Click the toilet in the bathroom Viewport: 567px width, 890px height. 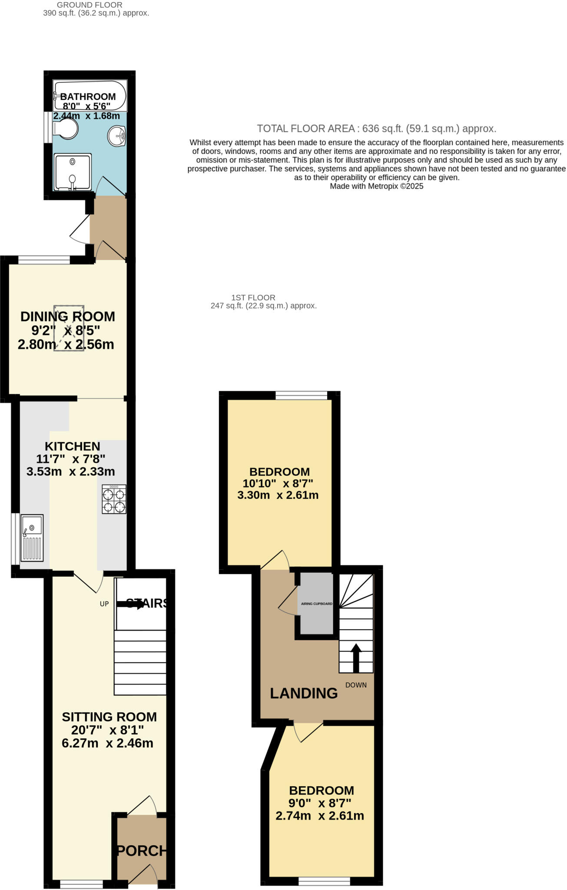(x=65, y=129)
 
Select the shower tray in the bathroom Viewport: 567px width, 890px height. (x=73, y=172)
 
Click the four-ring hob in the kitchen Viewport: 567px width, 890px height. (x=114, y=499)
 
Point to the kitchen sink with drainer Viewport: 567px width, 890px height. (x=32, y=538)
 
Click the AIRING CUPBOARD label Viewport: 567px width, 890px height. (x=316, y=604)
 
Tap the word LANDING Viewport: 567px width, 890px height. (x=304, y=693)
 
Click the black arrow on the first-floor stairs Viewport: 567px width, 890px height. (x=356, y=658)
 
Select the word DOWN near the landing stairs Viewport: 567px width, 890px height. (x=356, y=685)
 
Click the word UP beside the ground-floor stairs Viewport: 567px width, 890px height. (x=104, y=604)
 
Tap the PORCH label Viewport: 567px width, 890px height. (x=142, y=850)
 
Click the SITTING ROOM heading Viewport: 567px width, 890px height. (x=109, y=717)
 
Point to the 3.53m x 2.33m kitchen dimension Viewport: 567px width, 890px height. (x=71, y=471)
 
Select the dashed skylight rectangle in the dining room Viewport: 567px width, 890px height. (x=69, y=328)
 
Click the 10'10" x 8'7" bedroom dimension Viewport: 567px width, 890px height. (x=278, y=483)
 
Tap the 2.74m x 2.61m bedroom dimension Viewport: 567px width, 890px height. (x=320, y=816)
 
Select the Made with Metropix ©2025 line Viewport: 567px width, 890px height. (x=376, y=186)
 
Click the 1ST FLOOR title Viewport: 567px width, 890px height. (x=253, y=298)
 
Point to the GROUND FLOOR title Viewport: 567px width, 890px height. (x=90, y=5)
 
